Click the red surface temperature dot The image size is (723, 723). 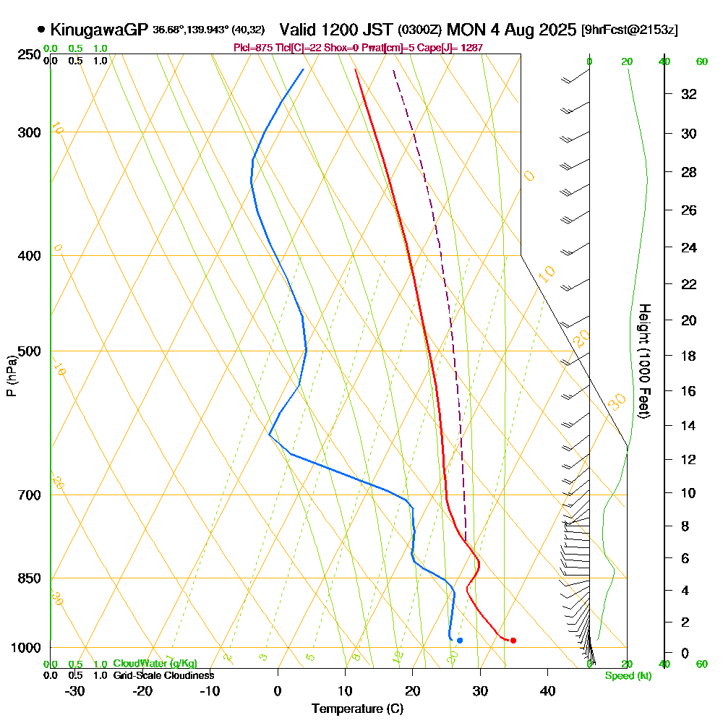coord(513,640)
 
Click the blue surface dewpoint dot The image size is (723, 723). coord(459,640)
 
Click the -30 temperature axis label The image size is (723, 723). coord(75,690)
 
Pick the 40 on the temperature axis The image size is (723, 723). coord(547,690)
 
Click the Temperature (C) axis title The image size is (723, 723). coord(357,709)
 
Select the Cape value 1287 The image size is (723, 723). coord(470,48)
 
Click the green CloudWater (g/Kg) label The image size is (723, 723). coord(155,663)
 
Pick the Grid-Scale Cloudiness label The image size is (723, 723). coord(163,675)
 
